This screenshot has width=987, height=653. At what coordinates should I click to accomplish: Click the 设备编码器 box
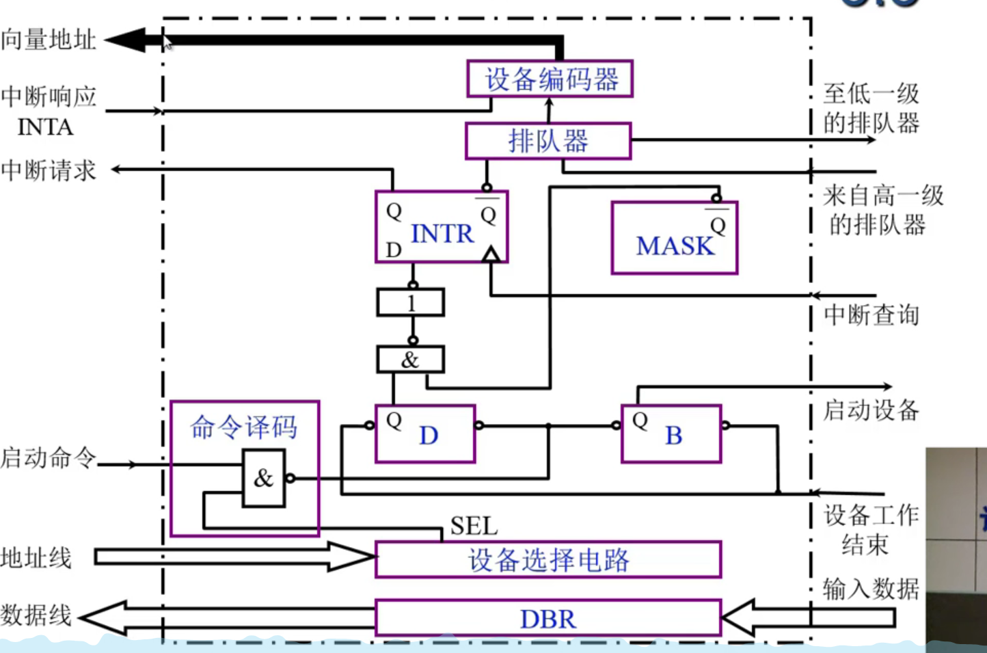click(x=550, y=79)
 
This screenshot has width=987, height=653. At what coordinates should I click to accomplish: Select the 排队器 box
click(x=547, y=142)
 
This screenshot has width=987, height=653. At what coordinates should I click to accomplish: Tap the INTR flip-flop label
click(x=442, y=234)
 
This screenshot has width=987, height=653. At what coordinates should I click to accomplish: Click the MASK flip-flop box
click(x=674, y=238)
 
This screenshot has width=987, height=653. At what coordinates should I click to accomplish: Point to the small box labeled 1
click(x=411, y=302)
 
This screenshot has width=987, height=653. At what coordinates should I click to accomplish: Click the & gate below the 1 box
click(x=411, y=360)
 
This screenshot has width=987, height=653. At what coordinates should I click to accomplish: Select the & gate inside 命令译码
click(x=264, y=478)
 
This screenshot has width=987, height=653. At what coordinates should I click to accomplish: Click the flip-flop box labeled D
click(x=425, y=434)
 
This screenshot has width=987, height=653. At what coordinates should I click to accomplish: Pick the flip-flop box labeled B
click(x=671, y=434)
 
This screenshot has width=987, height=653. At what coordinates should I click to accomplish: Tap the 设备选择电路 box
click(x=548, y=560)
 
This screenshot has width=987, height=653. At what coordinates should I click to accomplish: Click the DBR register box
click(x=548, y=619)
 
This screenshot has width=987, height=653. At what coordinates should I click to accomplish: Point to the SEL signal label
click(x=474, y=526)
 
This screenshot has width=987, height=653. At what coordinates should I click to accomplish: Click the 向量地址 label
click(x=48, y=40)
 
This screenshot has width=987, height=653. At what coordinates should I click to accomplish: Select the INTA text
click(x=45, y=127)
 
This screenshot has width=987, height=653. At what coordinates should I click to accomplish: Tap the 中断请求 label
click(x=48, y=170)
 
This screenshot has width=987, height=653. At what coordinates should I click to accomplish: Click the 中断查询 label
click(x=871, y=315)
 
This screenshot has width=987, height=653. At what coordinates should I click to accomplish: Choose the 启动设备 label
click(x=871, y=410)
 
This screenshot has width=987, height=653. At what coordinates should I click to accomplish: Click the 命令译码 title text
click(x=244, y=427)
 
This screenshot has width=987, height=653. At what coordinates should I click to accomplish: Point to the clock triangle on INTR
click(x=491, y=256)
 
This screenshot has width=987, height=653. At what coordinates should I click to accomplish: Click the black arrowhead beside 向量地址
click(x=126, y=40)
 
